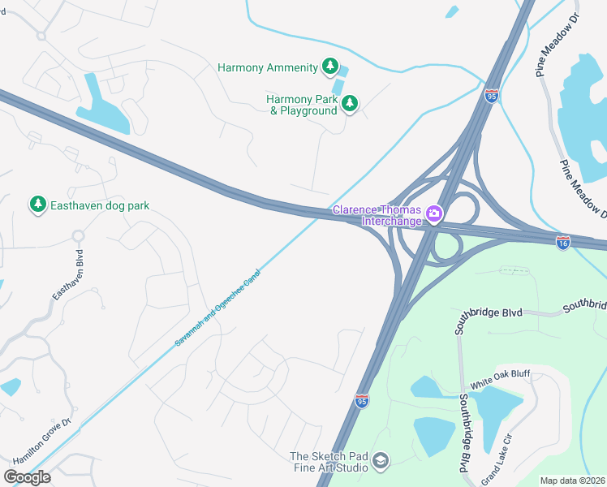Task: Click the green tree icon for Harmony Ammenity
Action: click(329, 67)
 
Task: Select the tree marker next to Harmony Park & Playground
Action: click(350, 103)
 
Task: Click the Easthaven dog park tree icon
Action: click(37, 205)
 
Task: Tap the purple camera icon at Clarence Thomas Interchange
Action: click(434, 213)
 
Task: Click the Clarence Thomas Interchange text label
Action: click(377, 216)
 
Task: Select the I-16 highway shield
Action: click(563, 242)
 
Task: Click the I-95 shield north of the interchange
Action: click(491, 95)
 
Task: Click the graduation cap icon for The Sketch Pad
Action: click(380, 462)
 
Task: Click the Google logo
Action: click(27, 476)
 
